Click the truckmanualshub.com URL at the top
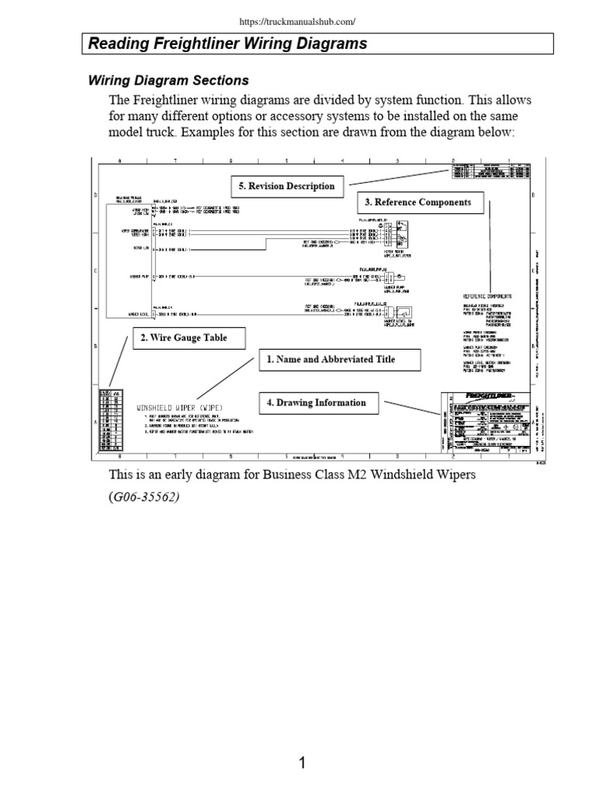pyautogui.click(x=298, y=22)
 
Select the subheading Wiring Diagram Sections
pyautogui.click(x=168, y=80)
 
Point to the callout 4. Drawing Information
pyautogui.click(x=321, y=402)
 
